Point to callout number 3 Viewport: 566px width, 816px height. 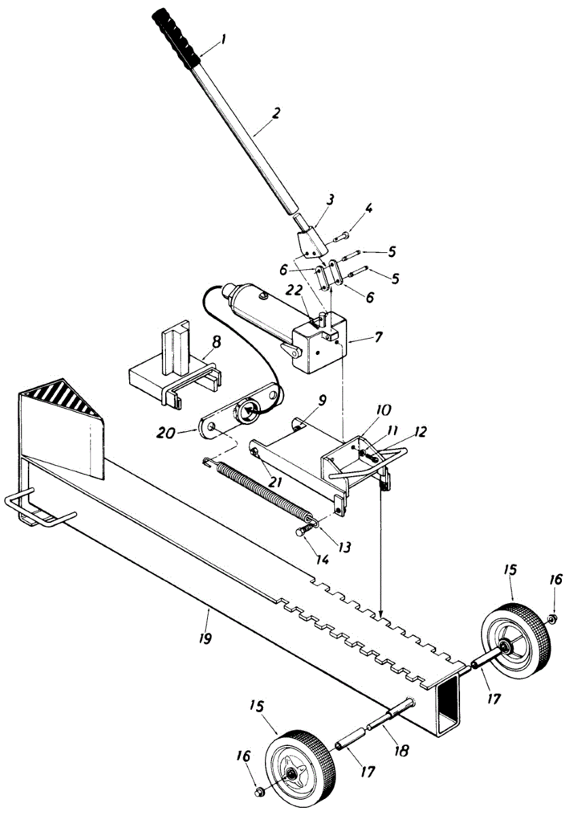point(329,201)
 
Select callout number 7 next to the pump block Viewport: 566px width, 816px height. point(378,337)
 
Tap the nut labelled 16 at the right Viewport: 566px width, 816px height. point(552,600)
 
